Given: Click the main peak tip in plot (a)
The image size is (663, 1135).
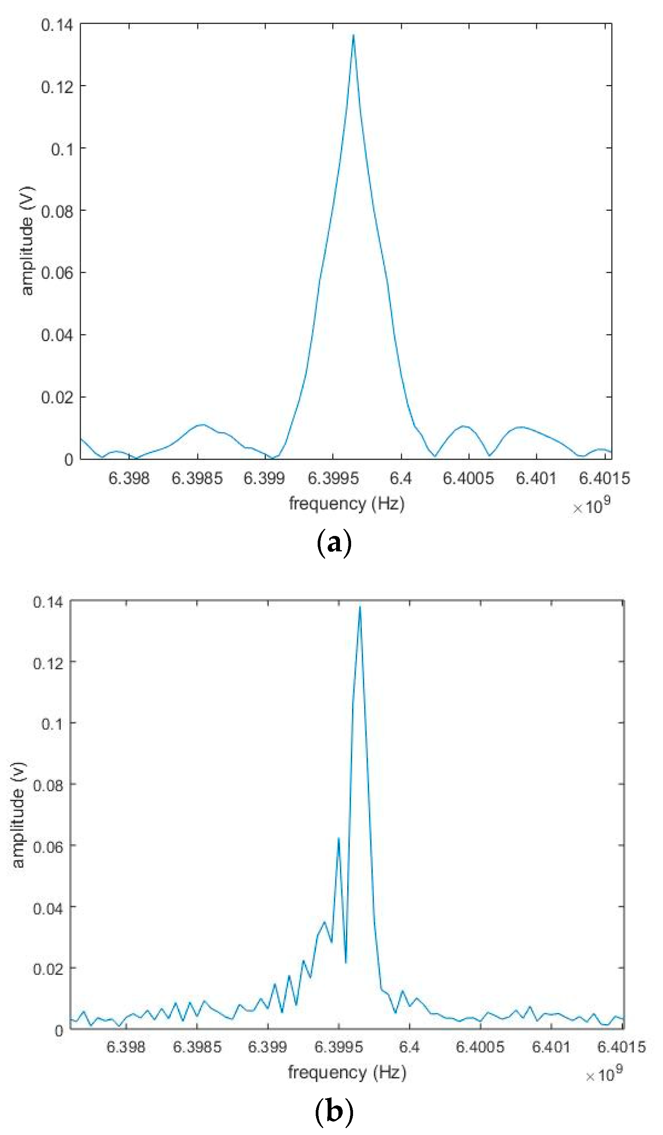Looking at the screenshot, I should pos(353,35).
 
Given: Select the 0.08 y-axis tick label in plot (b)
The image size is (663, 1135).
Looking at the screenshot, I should pos(48,784).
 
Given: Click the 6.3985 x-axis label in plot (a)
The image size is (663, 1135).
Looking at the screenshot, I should pos(197,478).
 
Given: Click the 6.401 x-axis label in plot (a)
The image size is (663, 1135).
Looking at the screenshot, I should pos(536,478).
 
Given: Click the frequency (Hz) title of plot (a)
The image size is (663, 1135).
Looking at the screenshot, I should pos(346,504).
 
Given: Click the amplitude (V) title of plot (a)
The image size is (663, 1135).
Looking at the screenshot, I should pos(27,241).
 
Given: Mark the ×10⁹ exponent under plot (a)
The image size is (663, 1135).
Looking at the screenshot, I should pos(591,506).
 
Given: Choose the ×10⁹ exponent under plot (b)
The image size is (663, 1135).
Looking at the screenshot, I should pos(604,1074).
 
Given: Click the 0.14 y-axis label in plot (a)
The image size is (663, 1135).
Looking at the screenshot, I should pos(57,25).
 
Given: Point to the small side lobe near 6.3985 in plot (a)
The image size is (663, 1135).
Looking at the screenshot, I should pos(203,425).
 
